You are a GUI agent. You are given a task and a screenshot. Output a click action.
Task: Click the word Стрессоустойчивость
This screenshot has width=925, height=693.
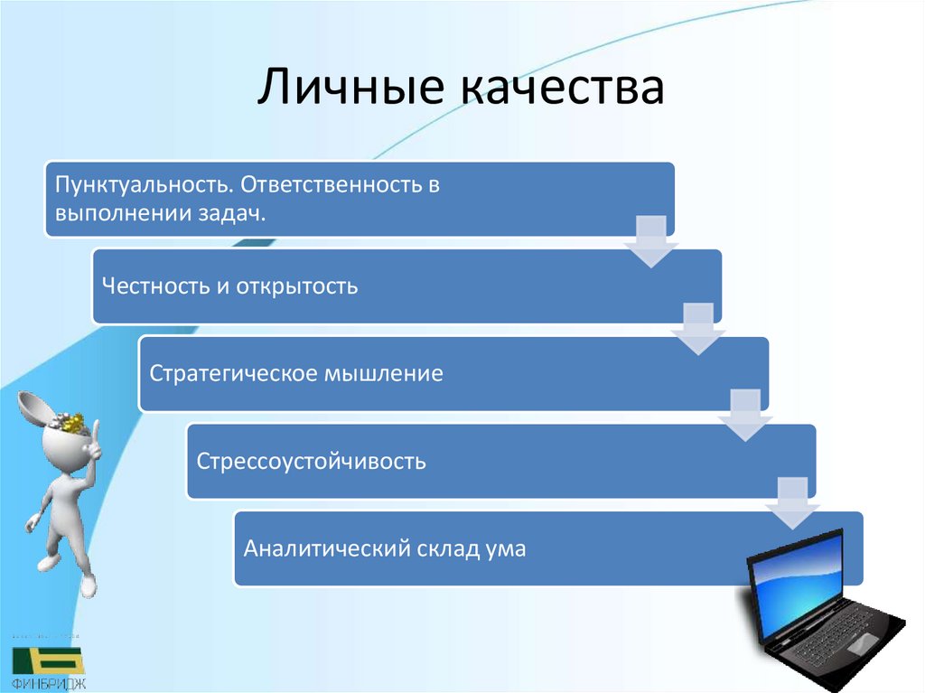coord(312,462)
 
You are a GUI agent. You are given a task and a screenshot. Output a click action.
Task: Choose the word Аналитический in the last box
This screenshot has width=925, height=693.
coord(322,548)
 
